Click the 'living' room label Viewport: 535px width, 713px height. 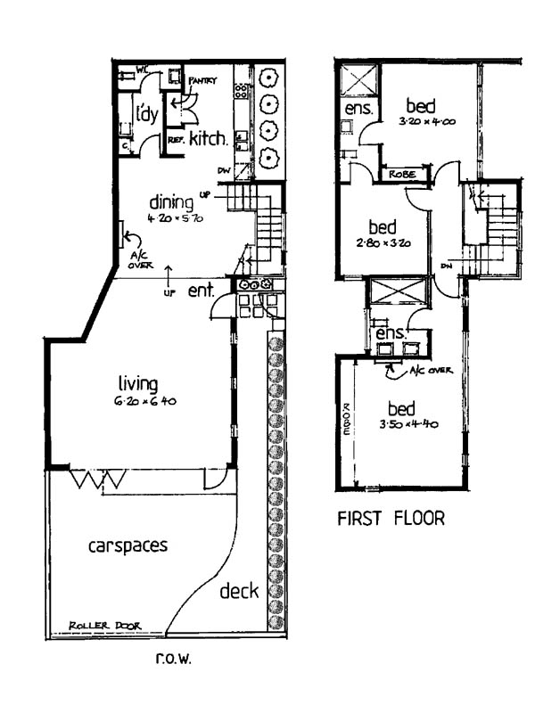tap(138, 384)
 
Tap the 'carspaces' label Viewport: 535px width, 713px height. tap(128, 545)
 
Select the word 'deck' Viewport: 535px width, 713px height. tap(239, 592)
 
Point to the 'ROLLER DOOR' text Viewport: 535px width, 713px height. tap(105, 627)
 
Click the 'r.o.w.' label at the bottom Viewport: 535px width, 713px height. tap(173, 660)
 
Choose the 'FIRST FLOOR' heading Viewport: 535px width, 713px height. tap(390, 519)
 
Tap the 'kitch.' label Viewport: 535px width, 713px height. tap(209, 138)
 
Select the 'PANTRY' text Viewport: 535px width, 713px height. tap(203, 81)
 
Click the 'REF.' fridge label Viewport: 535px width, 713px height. tap(175, 140)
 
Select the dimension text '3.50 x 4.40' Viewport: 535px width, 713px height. tap(402, 425)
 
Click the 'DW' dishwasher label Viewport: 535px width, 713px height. tap(224, 171)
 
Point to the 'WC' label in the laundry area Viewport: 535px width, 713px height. tap(142, 69)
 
